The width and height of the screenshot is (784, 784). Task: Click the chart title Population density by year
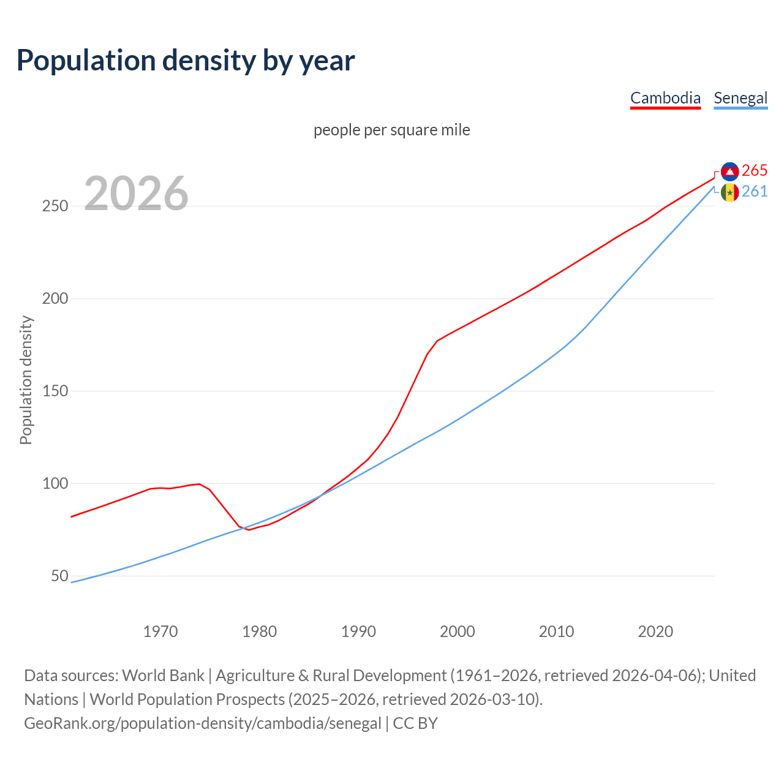click(186, 61)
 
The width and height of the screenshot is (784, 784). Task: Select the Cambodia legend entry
click(665, 98)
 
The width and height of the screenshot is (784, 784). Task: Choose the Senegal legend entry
click(741, 98)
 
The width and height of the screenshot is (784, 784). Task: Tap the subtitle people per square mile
click(391, 130)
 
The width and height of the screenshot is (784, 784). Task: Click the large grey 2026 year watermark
click(136, 194)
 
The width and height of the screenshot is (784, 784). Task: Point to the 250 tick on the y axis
click(55, 206)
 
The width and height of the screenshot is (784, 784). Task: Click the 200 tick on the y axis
click(55, 299)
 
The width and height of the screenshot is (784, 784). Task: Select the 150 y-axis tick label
click(55, 391)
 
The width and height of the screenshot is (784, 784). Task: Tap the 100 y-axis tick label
click(55, 484)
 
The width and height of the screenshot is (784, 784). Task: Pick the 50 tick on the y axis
click(59, 576)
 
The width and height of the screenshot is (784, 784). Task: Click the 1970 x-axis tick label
click(160, 631)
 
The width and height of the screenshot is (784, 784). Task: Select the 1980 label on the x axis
click(260, 631)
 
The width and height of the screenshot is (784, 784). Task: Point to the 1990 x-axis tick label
click(358, 631)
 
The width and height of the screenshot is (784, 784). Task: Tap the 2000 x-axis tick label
click(458, 631)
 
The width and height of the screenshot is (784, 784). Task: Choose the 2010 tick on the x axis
click(556, 631)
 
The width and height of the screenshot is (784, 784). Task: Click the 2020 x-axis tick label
click(655, 631)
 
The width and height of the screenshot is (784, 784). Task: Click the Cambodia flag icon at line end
click(729, 171)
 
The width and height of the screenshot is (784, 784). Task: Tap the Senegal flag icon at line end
click(729, 192)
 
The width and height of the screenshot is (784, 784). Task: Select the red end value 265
click(755, 170)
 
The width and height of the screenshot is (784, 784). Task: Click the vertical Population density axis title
click(26, 380)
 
